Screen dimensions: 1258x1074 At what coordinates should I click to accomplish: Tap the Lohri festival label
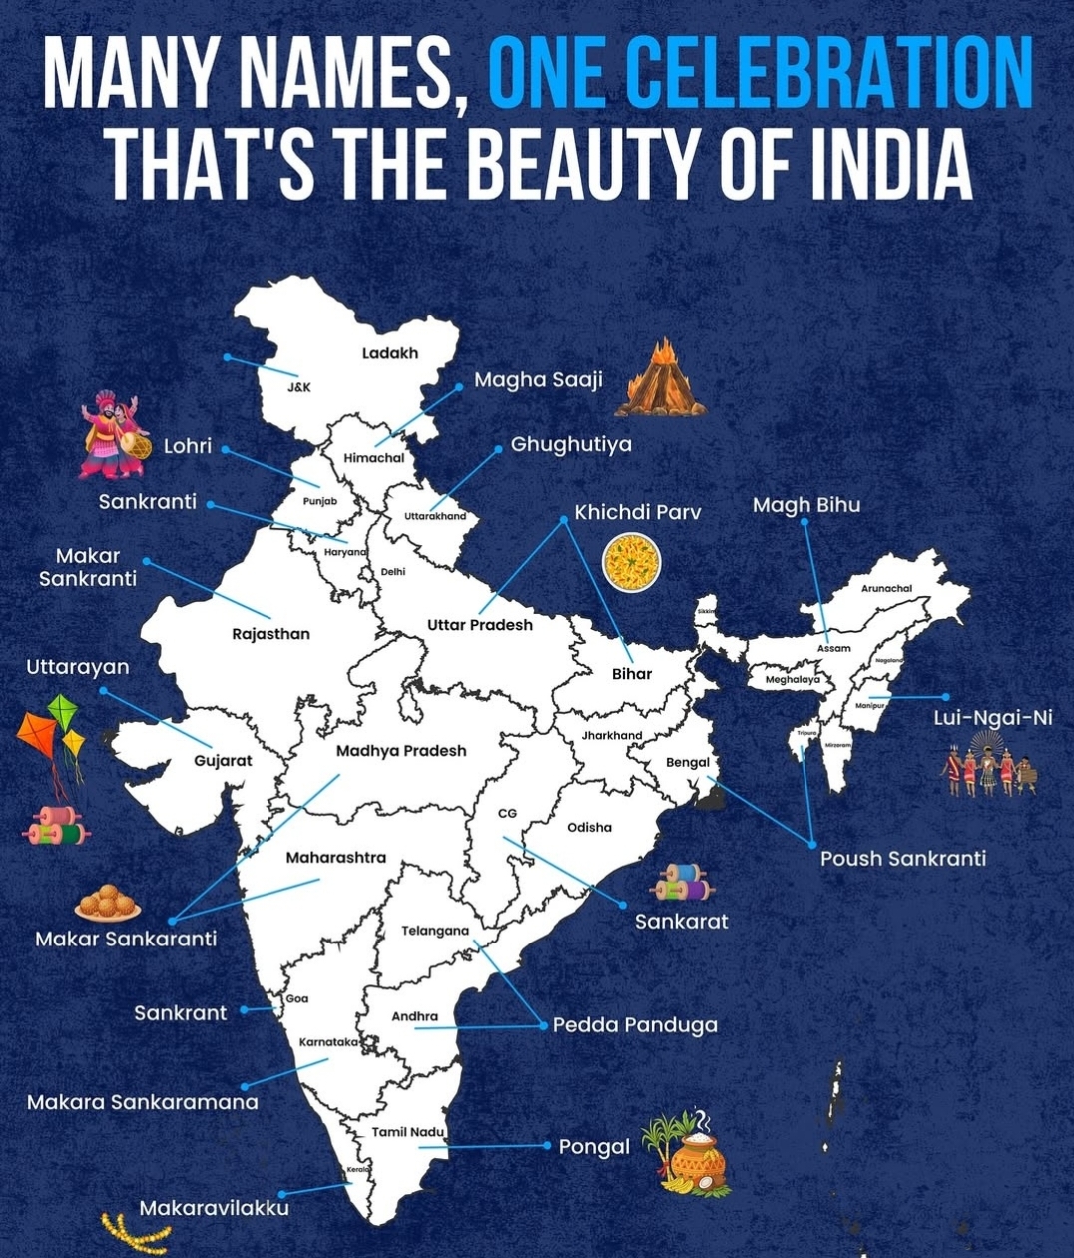pyautogui.click(x=188, y=446)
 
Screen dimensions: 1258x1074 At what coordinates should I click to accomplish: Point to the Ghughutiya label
pyautogui.click(x=571, y=444)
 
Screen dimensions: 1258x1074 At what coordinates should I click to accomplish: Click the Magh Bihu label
pyautogui.click(x=805, y=505)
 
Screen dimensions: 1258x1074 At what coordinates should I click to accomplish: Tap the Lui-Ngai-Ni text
pyautogui.click(x=992, y=718)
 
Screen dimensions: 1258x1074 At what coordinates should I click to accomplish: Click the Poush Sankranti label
pyautogui.click(x=902, y=858)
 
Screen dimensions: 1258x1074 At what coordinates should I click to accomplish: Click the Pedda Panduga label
pyautogui.click(x=635, y=1025)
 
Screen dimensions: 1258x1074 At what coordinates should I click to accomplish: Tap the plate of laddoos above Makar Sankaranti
pyautogui.click(x=108, y=904)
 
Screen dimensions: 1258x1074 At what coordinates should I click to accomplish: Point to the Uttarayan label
pyautogui.click(x=78, y=667)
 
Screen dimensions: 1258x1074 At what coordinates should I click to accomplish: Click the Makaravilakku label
pyautogui.click(x=214, y=1208)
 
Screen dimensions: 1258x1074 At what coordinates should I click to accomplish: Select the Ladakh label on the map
pyautogui.click(x=390, y=353)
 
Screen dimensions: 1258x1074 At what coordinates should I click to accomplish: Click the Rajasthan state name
pyautogui.click(x=270, y=634)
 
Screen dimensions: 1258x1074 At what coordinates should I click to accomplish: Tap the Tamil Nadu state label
pyautogui.click(x=408, y=1132)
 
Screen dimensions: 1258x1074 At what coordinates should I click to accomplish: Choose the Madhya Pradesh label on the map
pyautogui.click(x=401, y=751)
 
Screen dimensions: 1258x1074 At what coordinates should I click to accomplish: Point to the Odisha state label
pyautogui.click(x=589, y=827)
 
